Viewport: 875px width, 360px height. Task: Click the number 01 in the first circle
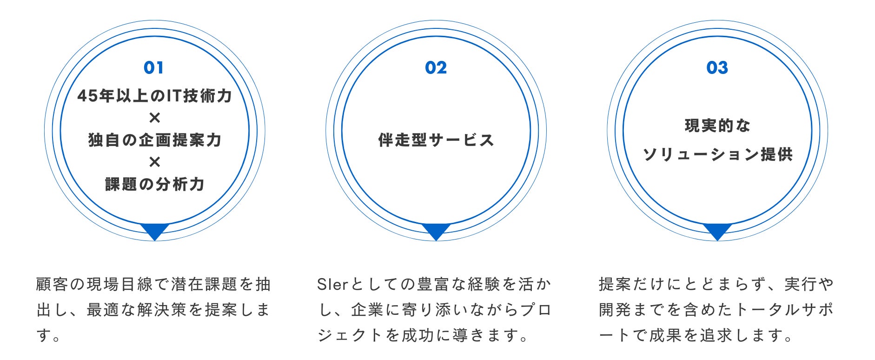(x=153, y=68)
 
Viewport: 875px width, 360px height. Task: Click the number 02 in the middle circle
(x=436, y=68)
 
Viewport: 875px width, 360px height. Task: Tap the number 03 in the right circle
(x=717, y=68)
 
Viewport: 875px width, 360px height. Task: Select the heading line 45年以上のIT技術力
(x=154, y=96)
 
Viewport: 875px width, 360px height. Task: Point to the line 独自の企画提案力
(x=154, y=140)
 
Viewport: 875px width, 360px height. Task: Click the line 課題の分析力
(x=154, y=184)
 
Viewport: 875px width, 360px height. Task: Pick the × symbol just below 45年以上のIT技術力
(x=154, y=118)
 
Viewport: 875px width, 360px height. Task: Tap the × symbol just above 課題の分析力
(x=154, y=162)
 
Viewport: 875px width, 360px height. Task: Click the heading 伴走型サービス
(x=436, y=140)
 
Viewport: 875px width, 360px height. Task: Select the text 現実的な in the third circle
(x=717, y=126)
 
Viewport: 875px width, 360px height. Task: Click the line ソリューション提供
(x=717, y=154)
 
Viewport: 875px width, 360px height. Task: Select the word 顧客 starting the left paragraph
(x=52, y=284)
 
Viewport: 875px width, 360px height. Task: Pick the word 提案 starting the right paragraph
(x=615, y=284)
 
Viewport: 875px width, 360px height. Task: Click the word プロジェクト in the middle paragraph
(x=535, y=310)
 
